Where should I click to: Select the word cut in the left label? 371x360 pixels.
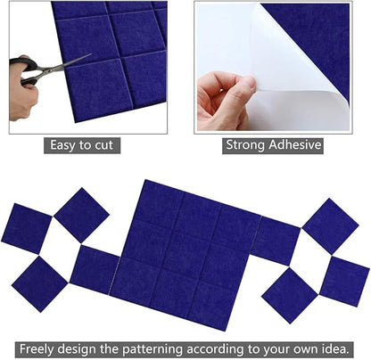107,145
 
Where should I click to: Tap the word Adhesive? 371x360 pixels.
296,145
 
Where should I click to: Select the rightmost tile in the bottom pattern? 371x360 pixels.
344,281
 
